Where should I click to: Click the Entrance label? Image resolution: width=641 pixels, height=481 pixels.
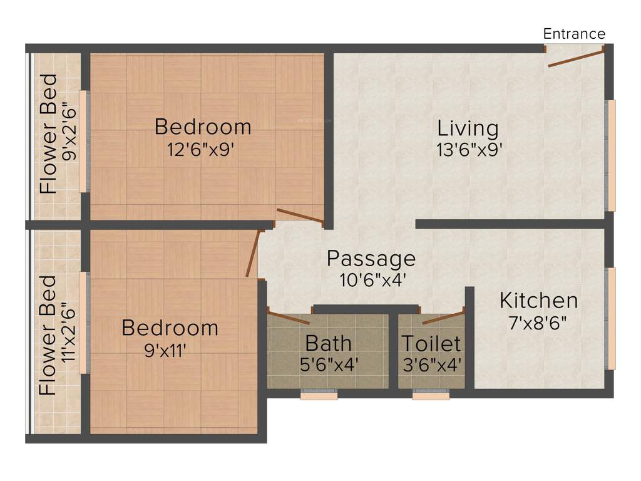click(574, 34)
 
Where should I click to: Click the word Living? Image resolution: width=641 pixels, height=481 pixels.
click(468, 128)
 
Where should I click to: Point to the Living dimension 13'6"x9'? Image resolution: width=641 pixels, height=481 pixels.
click(469, 150)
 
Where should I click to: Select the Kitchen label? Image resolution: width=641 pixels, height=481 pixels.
click(538, 301)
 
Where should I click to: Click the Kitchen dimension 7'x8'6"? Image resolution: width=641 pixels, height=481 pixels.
click(538, 323)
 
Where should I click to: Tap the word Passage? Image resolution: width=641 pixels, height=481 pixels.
click(371, 258)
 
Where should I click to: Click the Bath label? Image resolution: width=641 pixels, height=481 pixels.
click(328, 343)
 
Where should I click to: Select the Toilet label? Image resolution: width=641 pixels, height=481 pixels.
click(431, 344)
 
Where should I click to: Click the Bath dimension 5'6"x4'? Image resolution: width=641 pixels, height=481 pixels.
click(329, 365)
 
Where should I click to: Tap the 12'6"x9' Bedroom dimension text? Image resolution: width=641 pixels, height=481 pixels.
click(203, 149)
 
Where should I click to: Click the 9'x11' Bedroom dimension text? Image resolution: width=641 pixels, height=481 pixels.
click(165, 350)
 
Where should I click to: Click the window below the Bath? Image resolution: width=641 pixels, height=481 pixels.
click(319, 395)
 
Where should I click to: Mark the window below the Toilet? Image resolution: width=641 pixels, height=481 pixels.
click(431, 395)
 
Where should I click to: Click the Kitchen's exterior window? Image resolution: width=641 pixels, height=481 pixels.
click(612, 318)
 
